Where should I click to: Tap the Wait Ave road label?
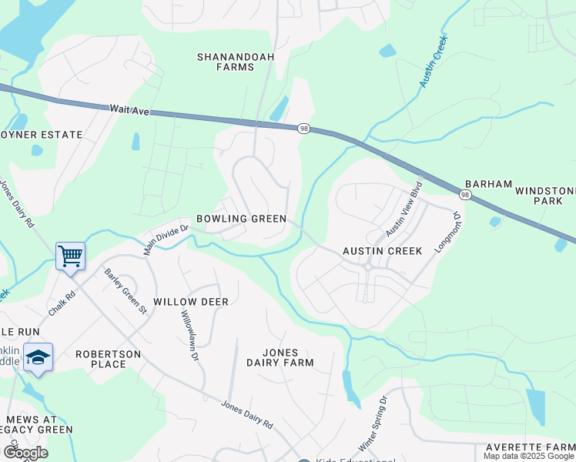click(x=129, y=111)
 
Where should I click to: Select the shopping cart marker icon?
click(x=70, y=254)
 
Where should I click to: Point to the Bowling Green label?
click(x=241, y=219)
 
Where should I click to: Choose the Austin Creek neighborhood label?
click(x=382, y=251)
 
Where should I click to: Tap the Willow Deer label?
click(x=191, y=302)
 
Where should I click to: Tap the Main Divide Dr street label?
click(x=166, y=237)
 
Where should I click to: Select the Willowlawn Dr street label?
click(x=189, y=336)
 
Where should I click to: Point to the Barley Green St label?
click(x=126, y=290)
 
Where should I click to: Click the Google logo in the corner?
click(x=25, y=453)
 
